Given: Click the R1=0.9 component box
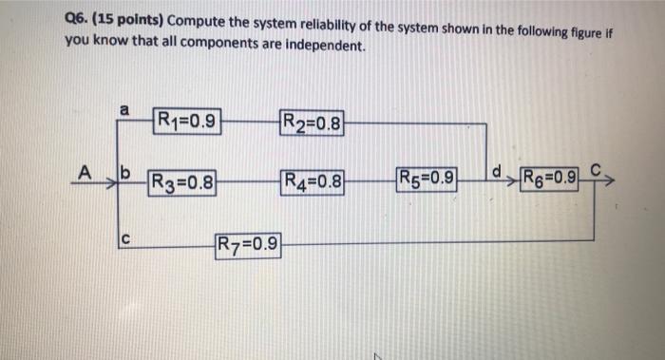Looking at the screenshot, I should pyautogui.click(x=187, y=121).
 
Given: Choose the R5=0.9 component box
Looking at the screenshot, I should pyautogui.click(x=427, y=179).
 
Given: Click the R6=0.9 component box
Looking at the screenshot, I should pyautogui.click(x=548, y=179).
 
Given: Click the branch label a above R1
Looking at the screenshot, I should pyautogui.click(x=123, y=110).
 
